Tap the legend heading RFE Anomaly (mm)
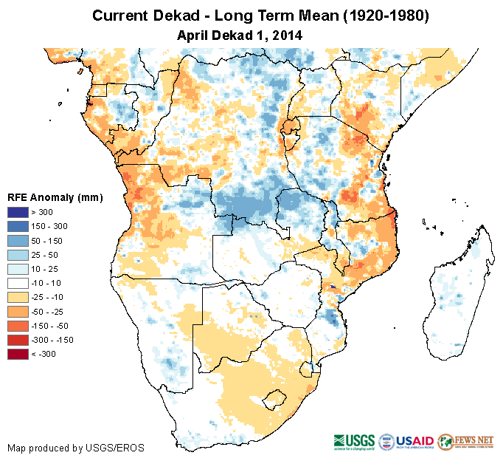click(x=55, y=197)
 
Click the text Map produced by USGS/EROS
click(x=76, y=448)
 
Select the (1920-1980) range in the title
click(x=381, y=16)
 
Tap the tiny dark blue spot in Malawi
click(x=333, y=287)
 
